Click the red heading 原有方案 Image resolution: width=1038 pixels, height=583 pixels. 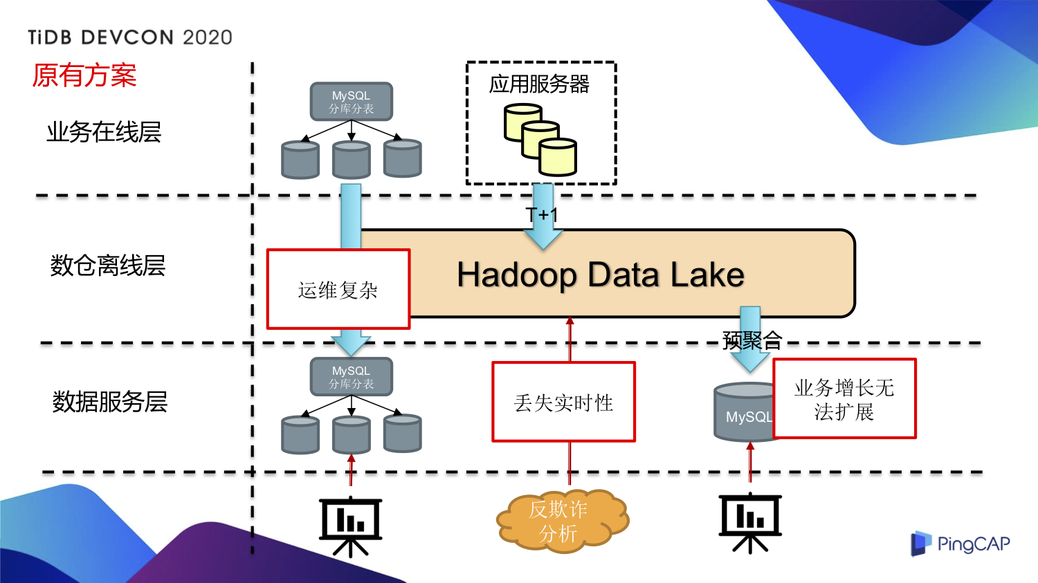84,75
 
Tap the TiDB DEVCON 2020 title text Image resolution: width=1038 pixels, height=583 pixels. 130,37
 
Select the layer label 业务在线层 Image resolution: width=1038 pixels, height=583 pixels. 104,131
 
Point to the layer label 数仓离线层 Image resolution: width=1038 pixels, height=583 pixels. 108,265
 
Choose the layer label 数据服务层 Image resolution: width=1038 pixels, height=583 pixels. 110,401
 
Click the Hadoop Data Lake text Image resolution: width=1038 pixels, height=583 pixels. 600,275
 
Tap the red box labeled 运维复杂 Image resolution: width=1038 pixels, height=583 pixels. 338,289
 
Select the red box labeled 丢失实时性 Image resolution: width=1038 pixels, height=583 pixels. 563,402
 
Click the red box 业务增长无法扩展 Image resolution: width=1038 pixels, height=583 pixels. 844,398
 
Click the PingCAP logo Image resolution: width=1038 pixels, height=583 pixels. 960,544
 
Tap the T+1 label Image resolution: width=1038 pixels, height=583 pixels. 541,215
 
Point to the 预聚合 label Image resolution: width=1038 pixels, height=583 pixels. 752,340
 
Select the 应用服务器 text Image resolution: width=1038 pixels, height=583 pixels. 539,84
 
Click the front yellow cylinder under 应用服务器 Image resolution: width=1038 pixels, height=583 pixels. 558,157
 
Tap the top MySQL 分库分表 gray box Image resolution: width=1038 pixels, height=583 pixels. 352,102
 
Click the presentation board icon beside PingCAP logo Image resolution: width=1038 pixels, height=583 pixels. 750,522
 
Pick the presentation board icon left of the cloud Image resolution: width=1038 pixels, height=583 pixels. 351,526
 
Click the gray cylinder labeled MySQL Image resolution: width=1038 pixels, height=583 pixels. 743,413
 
